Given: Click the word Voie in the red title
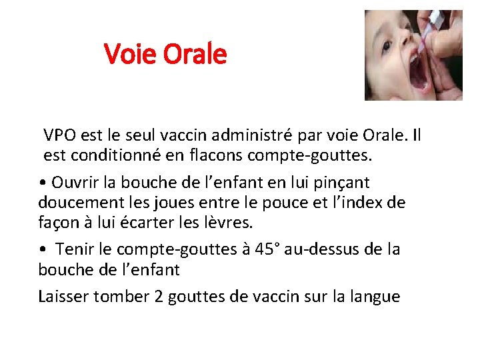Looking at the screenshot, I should click(x=127, y=53).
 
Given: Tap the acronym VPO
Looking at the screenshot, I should click(x=59, y=137).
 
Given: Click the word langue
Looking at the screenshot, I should click(x=375, y=296).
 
